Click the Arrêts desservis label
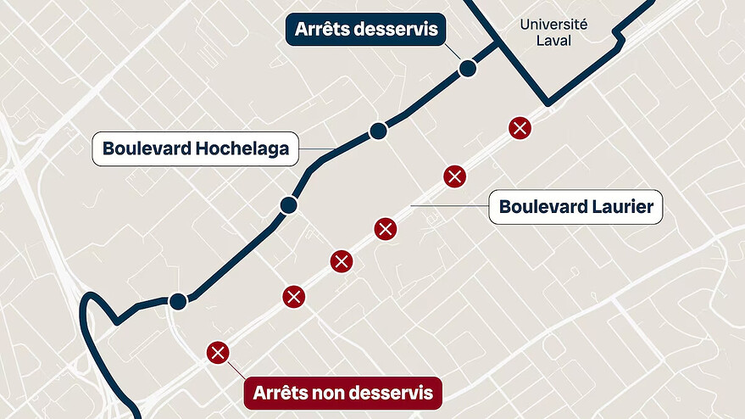[366, 30]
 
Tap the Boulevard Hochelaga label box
[196, 149]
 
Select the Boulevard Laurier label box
[575, 206]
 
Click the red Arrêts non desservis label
[342, 393]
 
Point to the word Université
[554, 25]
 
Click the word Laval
[554, 41]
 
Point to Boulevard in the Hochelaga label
[146, 149]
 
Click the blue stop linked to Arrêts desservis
[466, 70]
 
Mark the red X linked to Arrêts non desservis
[218, 352]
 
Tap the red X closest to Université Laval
[520, 128]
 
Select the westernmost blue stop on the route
[178, 301]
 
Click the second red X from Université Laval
[455, 176]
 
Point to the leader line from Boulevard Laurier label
[449, 206]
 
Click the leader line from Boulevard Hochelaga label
[314, 150]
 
